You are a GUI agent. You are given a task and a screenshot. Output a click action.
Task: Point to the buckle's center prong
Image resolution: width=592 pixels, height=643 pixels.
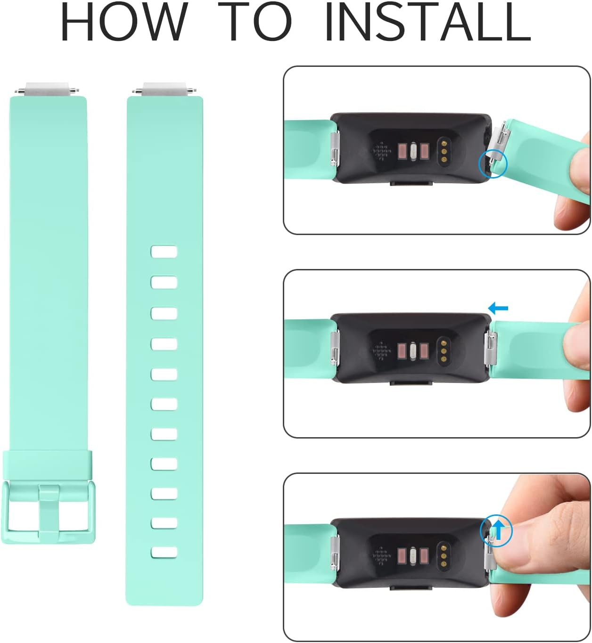49,511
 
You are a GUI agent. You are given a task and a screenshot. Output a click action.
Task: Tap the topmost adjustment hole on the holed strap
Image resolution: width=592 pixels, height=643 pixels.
164,252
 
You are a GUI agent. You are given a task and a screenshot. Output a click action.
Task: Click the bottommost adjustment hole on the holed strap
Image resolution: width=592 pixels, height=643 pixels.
164,552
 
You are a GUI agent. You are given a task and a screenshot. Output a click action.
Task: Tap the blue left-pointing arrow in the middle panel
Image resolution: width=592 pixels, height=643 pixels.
498,309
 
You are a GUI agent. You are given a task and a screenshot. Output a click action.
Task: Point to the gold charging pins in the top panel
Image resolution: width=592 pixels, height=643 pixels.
444,150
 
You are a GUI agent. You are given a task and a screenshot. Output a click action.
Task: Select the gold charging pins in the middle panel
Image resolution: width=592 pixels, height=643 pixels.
444,350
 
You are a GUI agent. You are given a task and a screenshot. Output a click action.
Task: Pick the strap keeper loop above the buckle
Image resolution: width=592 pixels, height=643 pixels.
48,464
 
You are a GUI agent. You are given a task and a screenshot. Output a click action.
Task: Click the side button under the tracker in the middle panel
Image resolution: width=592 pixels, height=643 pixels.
411,383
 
